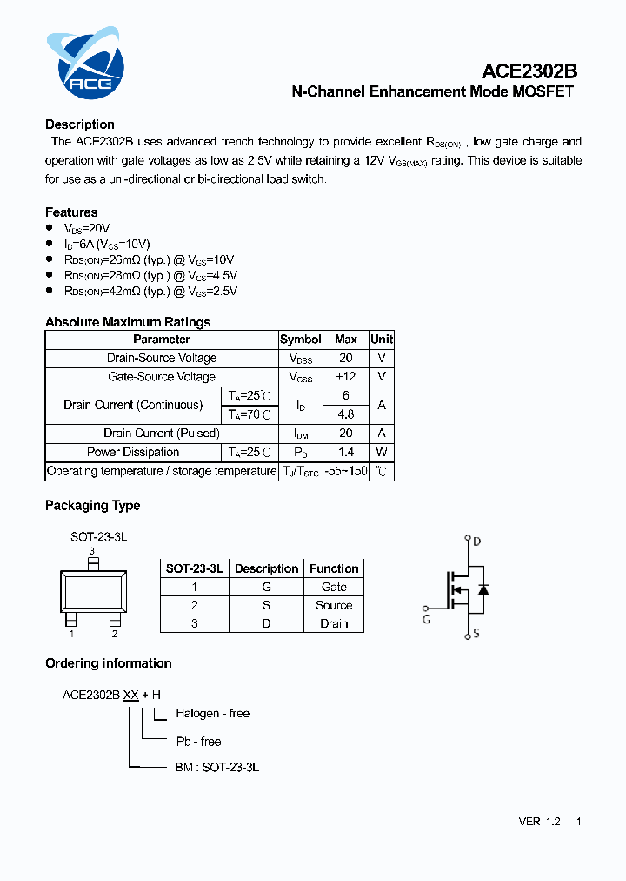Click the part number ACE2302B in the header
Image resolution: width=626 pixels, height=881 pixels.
coord(529,72)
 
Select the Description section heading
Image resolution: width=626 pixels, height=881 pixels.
coord(80,124)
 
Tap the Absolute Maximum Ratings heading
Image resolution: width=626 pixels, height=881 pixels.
coord(128,322)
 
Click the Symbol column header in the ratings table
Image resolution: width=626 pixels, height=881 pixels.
coord(301,340)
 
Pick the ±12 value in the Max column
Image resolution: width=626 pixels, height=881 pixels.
coord(345,377)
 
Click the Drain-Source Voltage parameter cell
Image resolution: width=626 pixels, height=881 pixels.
coord(162,359)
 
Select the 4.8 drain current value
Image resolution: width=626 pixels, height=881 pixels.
coord(345,414)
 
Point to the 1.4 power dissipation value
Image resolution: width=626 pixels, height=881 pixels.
coord(345,453)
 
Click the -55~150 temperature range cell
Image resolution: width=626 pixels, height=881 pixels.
coord(345,471)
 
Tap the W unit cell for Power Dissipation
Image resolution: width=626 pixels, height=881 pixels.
coord(381,453)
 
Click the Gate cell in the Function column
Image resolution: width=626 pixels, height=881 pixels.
coord(334,588)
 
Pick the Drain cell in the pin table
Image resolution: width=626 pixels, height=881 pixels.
coord(334,624)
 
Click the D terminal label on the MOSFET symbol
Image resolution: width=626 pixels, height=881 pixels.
coord(476,541)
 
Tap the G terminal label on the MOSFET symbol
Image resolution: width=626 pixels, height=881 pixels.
coord(426,620)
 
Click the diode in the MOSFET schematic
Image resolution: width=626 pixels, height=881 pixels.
coord(483,589)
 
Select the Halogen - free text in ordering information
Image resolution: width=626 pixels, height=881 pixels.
coord(212,714)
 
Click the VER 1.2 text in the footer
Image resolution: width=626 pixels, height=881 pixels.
coord(539,822)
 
